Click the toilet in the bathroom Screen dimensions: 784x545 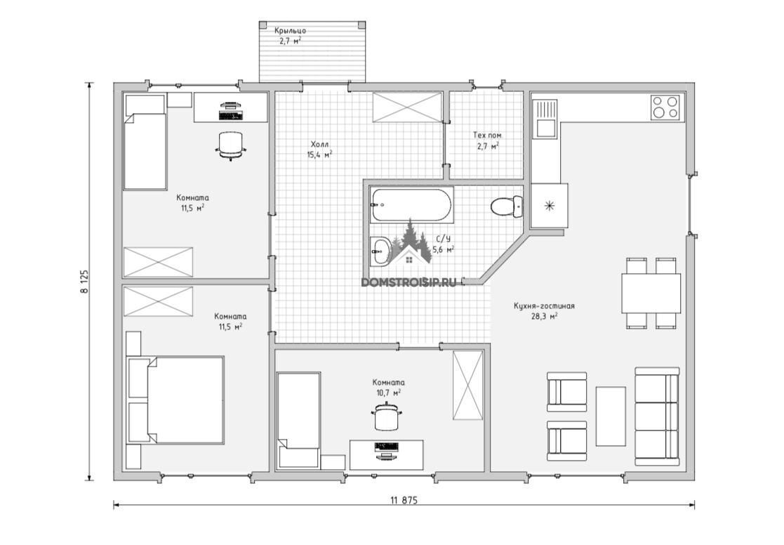point(507,206)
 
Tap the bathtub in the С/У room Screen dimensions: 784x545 point(412,205)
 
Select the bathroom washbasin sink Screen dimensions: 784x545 point(382,251)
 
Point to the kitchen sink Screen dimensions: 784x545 point(545,118)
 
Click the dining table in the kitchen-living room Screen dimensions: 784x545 point(651,293)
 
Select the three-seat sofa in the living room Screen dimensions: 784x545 point(657,416)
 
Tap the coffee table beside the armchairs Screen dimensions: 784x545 point(611,416)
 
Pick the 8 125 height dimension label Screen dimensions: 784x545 point(84,281)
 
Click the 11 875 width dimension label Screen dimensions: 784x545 point(404,500)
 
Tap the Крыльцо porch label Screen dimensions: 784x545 point(290,30)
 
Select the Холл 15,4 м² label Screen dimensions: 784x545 point(319,150)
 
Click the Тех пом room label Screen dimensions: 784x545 point(487,135)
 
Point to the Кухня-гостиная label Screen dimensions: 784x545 point(544,306)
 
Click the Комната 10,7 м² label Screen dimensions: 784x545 point(389,388)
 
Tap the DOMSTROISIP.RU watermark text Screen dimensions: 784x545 point(408,283)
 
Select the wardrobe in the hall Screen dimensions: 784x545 point(407,107)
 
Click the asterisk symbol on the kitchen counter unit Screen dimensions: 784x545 point(549,205)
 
